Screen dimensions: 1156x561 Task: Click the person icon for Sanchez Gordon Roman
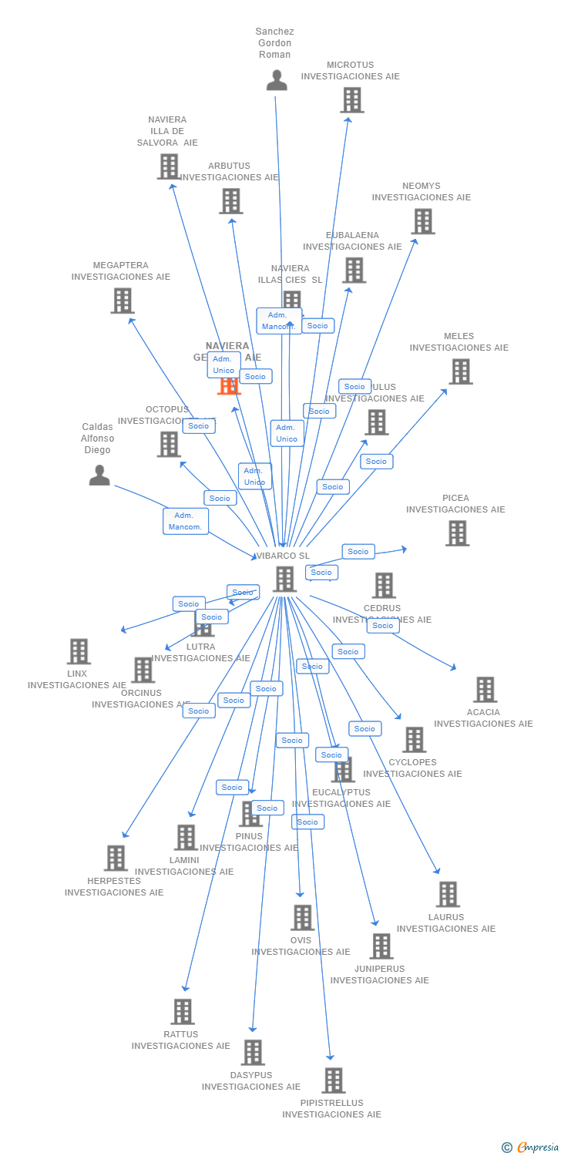pos(277,80)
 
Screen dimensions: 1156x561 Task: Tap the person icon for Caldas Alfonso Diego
pos(99,476)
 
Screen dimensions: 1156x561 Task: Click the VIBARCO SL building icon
pos(284,579)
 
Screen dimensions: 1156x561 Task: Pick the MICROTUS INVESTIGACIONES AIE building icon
pos(352,100)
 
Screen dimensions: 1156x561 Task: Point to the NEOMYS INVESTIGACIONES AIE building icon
pos(422,222)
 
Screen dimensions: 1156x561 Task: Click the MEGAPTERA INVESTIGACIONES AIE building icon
pos(122,301)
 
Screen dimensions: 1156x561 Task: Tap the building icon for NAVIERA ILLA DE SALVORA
pos(168,166)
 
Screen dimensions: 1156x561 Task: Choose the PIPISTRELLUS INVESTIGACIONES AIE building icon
pos(333,1080)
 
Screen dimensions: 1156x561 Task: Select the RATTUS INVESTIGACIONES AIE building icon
pos(183,1012)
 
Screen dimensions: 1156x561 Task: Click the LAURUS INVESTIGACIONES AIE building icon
pos(448,895)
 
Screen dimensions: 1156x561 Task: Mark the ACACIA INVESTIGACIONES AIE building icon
pos(485,690)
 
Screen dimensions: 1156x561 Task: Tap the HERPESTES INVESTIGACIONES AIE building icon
pos(116,858)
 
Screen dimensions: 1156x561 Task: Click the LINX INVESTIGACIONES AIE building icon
pos(79,651)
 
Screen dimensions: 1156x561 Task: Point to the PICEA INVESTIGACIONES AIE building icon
pos(457,533)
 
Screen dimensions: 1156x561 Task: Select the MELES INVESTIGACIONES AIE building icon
pos(460,371)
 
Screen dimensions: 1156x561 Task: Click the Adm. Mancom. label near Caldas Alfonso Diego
pos(185,521)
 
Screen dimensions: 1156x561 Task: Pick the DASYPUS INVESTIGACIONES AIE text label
pos(251,1081)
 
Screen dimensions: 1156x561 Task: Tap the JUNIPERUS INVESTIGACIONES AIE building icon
pos(381,946)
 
